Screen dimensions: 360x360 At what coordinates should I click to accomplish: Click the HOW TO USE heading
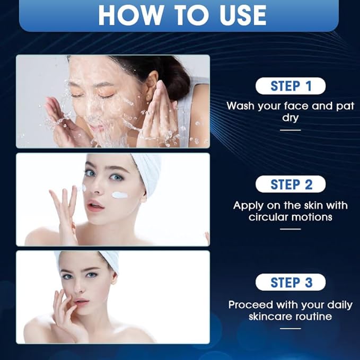pyautogui.click(x=182, y=15)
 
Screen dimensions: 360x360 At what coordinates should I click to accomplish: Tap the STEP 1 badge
pyautogui.click(x=290, y=86)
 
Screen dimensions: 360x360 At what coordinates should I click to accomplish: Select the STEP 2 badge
pyautogui.click(x=290, y=184)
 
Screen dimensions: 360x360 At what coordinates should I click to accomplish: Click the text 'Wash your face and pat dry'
pyautogui.click(x=290, y=112)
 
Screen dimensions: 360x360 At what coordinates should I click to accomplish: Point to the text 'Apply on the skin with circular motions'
pyautogui.click(x=290, y=211)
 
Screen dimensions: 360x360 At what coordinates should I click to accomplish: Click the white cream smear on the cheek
pyautogui.click(x=120, y=195)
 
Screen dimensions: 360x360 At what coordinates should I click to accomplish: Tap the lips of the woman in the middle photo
pyautogui.click(x=96, y=206)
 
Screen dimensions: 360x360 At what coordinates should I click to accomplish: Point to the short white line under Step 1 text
pyautogui.click(x=290, y=129)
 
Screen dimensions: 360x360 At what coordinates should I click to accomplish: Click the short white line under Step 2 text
pyautogui.click(x=290, y=229)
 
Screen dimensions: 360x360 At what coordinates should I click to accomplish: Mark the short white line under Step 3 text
pyautogui.click(x=290, y=328)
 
